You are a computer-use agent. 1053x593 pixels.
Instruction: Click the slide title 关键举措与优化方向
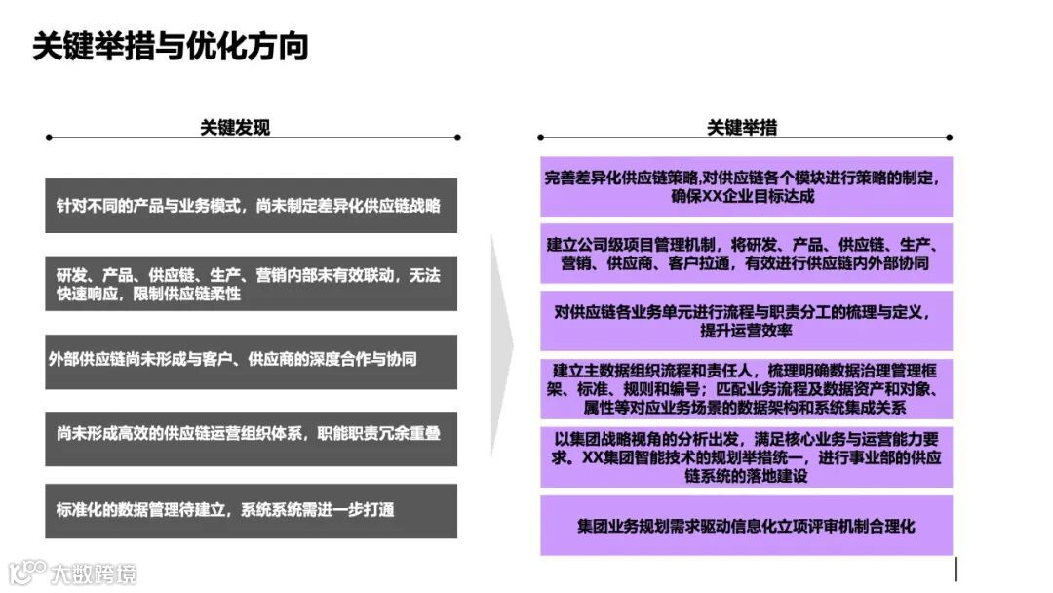click(x=171, y=46)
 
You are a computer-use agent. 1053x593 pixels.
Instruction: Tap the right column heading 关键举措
click(x=742, y=128)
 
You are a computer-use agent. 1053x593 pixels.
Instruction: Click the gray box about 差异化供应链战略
click(x=251, y=206)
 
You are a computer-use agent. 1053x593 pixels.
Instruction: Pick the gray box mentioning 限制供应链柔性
click(x=251, y=284)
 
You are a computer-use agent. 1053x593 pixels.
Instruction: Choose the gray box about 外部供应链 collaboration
click(x=251, y=359)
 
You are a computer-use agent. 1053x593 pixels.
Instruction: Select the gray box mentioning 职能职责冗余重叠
click(x=251, y=432)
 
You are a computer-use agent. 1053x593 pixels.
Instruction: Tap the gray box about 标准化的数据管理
click(x=251, y=510)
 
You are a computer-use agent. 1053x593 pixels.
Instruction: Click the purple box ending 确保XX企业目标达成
click(x=746, y=186)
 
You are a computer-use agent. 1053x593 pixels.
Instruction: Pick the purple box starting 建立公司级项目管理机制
click(x=746, y=254)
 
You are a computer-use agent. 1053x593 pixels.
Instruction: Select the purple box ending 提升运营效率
click(x=746, y=321)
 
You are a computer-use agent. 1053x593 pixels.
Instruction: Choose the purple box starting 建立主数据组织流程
click(x=746, y=389)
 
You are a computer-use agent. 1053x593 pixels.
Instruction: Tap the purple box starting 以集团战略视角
click(x=746, y=456)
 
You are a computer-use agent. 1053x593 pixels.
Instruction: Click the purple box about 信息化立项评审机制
click(x=746, y=526)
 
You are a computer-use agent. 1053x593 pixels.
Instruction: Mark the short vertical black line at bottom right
click(x=956, y=569)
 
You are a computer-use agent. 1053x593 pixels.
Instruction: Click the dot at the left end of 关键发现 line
click(x=49, y=138)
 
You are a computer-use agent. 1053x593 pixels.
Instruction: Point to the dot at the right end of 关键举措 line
click(x=949, y=138)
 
